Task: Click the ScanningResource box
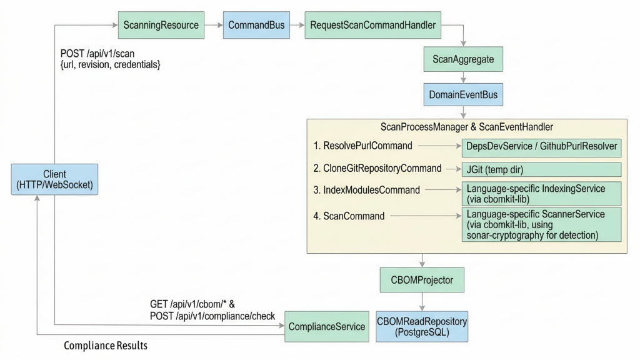(161, 26)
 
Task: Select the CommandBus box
(256, 26)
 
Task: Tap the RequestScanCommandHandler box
(372, 26)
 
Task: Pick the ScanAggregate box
(463, 60)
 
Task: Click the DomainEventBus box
(463, 95)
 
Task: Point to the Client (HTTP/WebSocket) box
(55, 179)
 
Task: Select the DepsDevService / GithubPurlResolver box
(541, 147)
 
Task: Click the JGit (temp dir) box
(541, 169)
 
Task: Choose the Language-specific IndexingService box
(541, 194)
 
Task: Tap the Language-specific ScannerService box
(541, 224)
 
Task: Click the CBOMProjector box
(422, 280)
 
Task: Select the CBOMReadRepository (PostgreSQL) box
(422, 326)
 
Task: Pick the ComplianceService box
(326, 326)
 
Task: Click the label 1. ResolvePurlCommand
(363, 146)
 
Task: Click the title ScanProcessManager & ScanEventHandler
(466, 127)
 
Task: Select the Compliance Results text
(106, 346)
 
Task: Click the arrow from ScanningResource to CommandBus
(214, 26)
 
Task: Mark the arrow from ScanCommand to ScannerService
(425, 216)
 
